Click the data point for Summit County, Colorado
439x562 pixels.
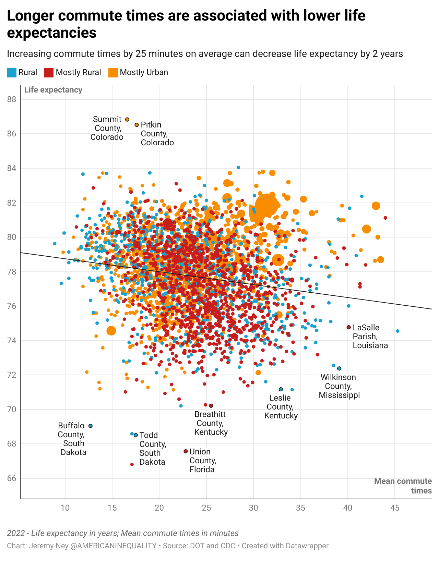click(x=127, y=120)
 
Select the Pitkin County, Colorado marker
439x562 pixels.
click(x=137, y=125)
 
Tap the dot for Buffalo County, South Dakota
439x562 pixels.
click(x=91, y=426)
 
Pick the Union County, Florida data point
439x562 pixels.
click(x=186, y=451)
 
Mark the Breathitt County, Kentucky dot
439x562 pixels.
click(x=211, y=406)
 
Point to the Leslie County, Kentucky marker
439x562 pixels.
click(x=281, y=389)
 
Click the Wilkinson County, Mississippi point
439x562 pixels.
click(x=339, y=368)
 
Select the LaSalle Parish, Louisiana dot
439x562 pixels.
click(x=349, y=327)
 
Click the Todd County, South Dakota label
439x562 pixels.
click(x=153, y=448)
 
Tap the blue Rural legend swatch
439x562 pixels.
click(x=12, y=73)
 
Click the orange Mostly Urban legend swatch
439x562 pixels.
click(x=113, y=73)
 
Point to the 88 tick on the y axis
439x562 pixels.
click(x=12, y=99)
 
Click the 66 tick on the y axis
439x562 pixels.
click(x=12, y=478)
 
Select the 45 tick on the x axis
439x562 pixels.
click(x=395, y=508)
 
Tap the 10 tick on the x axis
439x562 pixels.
click(x=65, y=508)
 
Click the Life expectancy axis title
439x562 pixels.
click(x=53, y=90)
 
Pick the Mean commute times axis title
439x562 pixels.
click(x=403, y=486)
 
